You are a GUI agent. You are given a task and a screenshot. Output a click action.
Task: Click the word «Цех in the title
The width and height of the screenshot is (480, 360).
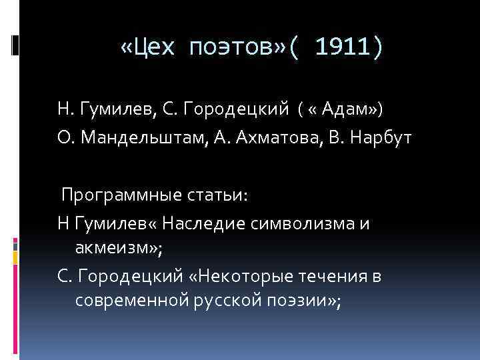150,47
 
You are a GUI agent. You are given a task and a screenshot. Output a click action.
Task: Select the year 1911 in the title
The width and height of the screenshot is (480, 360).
339,47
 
